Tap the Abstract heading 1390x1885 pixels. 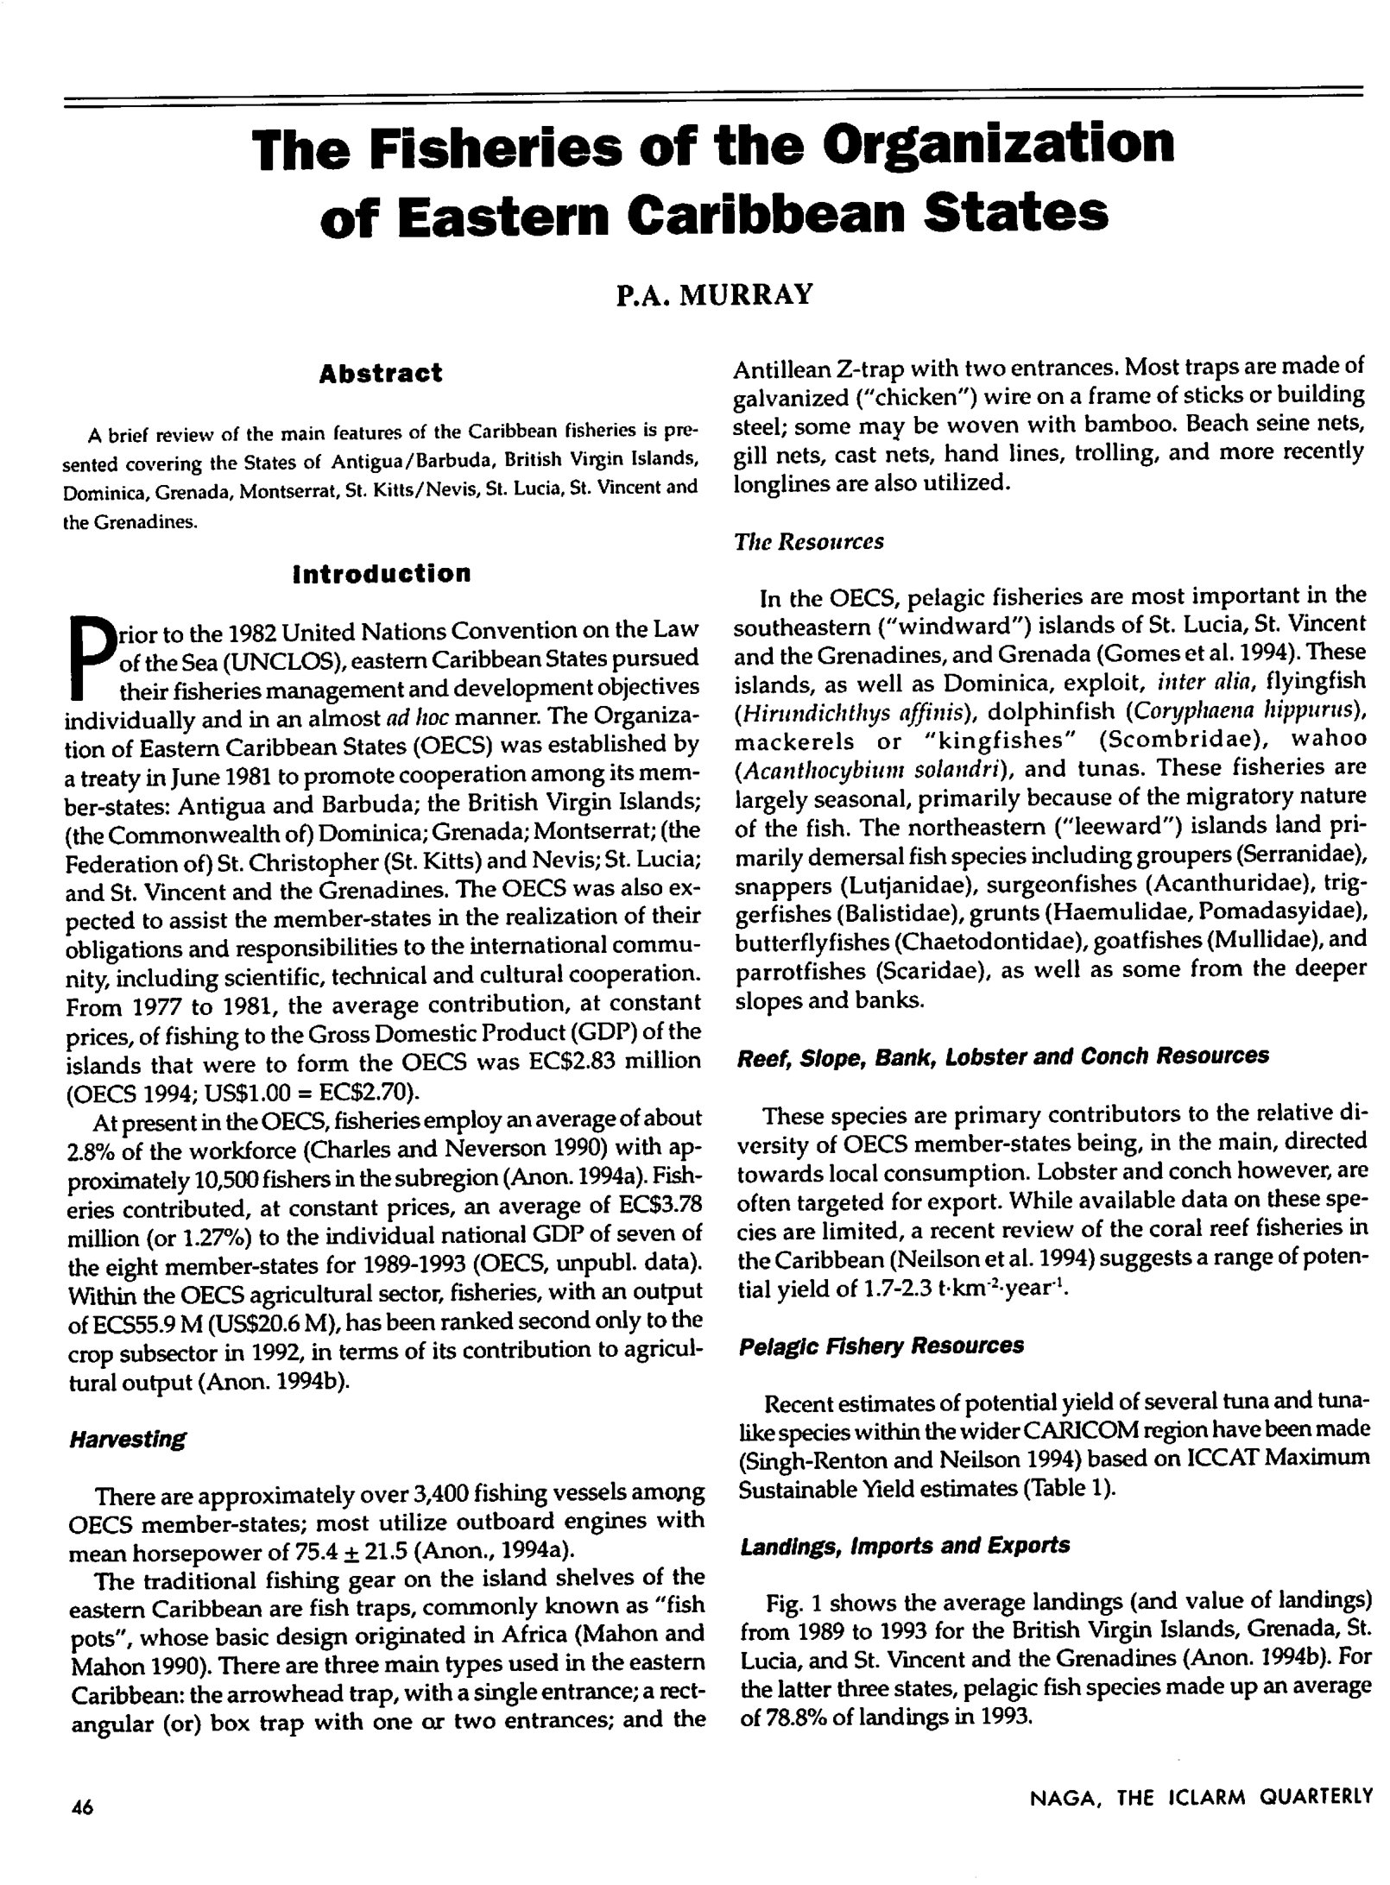(380, 374)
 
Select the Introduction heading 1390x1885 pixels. (382, 574)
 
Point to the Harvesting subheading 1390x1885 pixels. (127, 1439)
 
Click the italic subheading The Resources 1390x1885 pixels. (809, 541)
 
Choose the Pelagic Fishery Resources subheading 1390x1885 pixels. (881, 1346)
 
